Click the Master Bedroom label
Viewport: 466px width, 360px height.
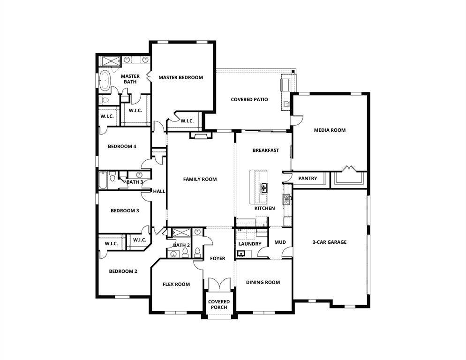pos(180,77)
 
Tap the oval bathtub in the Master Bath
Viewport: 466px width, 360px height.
pos(104,81)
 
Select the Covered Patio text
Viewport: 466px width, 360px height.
pos(249,99)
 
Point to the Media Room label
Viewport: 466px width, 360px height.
pos(330,130)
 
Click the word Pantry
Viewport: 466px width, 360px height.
pos(308,178)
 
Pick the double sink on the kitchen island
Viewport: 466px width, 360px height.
pos(264,188)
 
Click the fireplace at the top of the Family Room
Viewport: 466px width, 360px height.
pos(200,136)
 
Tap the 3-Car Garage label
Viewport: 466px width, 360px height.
pos(330,242)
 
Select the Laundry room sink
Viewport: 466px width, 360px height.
pos(242,254)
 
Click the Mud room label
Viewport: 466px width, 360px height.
pos(280,242)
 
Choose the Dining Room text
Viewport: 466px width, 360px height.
pos(263,282)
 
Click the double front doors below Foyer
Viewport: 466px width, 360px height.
pos(219,285)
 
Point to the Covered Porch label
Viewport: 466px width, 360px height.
pos(219,304)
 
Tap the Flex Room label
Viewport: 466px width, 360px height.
pos(176,284)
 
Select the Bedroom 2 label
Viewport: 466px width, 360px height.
pos(123,271)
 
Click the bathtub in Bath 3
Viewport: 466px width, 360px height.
pos(103,180)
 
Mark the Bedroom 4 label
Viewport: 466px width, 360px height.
pos(122,146)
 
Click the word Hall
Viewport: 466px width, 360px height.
pos(159,191)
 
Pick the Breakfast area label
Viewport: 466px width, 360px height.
pos(266,150)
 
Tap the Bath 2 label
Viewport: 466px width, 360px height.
pos(181,245)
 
